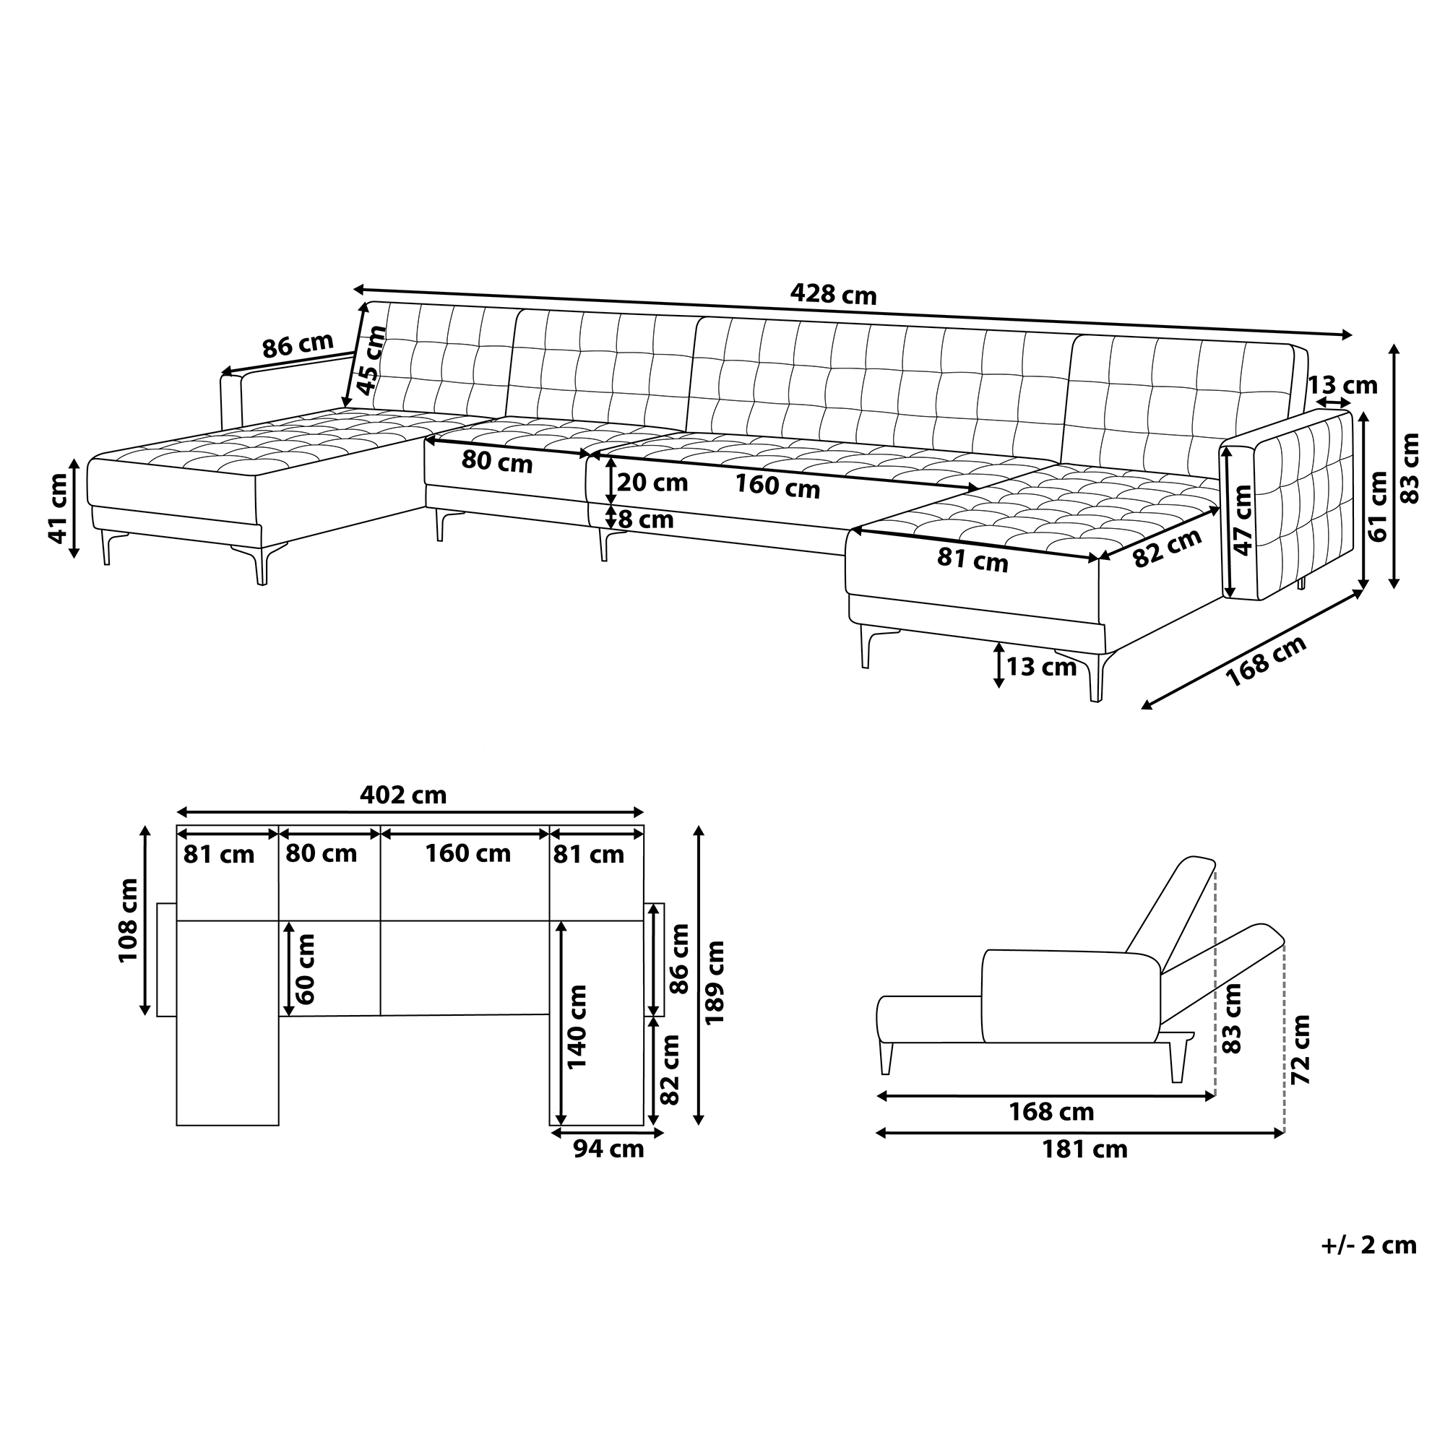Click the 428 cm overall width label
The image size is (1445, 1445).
point(832,295)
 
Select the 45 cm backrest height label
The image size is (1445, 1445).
point(371,360)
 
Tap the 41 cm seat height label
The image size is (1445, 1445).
point(59,509)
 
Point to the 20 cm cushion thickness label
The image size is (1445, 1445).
point(652,483)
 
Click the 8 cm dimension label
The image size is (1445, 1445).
point(645,519)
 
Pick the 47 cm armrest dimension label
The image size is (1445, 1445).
point(1242,519)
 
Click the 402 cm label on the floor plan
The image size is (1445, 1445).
point(403,794)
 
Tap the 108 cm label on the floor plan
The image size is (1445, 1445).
point(129,920)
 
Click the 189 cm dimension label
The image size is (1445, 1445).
point(715,982)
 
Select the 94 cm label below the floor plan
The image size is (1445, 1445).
point(608,1149)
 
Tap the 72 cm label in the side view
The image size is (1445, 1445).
point(1301,1049)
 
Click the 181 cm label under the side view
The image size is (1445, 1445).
point(1084,1149)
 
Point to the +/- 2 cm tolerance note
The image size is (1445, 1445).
point(1368,1245)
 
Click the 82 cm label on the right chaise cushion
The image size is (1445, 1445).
point(1167,548)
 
